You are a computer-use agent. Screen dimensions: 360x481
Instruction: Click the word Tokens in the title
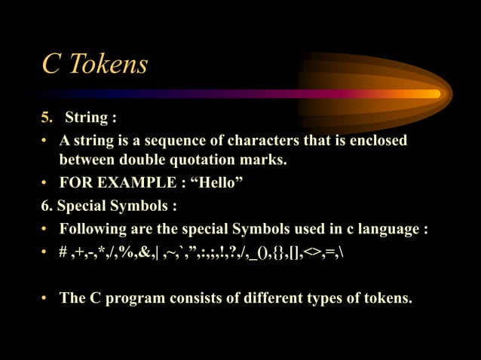[x=108, y=65]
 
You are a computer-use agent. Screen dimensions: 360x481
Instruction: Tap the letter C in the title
[x=51, y=65]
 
